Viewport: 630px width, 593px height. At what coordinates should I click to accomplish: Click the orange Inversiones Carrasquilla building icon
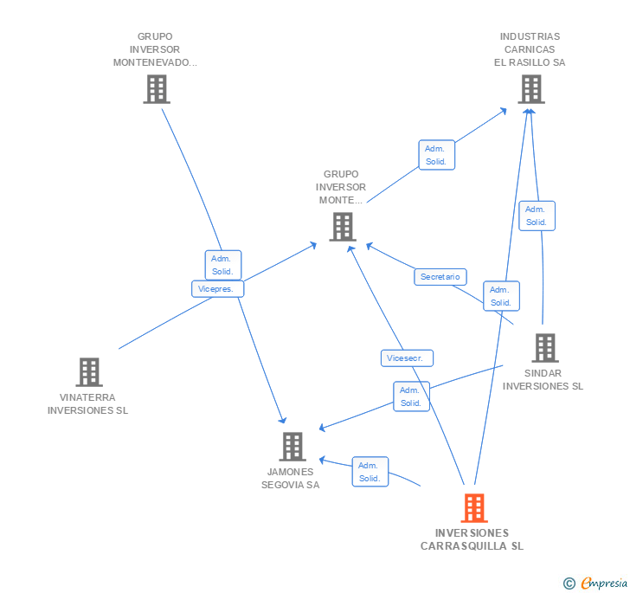coord(474,507)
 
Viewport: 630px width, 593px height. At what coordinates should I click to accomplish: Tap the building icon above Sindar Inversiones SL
coord(544,347)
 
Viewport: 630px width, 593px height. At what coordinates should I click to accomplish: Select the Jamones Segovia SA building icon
coord(292,446)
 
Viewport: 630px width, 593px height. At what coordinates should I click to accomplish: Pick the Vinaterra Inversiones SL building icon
coord(89,371)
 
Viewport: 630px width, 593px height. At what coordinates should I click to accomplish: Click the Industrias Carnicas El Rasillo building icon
coord(531,88)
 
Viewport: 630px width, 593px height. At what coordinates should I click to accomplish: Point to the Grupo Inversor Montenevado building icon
coord(157,88)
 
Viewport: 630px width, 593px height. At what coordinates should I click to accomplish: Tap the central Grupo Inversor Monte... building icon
coord(343,226)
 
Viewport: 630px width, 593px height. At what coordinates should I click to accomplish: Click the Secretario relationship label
coord(440,277)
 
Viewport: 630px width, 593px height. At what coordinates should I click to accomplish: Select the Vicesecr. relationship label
coord(407,358)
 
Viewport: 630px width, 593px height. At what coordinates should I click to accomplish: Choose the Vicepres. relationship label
coord(217,289)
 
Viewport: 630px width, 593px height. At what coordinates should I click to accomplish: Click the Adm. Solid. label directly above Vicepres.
coord(223,265)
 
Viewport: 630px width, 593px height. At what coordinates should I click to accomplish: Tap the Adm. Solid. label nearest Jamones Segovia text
coord(370,472)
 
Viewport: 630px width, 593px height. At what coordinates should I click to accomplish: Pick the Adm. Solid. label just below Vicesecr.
coord(411,396)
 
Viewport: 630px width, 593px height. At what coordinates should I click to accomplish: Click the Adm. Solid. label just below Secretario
coord(501,296)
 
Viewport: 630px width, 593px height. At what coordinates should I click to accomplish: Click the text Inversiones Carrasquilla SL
coord(472,539)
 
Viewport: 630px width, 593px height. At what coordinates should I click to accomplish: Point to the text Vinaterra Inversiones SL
coord(88,404)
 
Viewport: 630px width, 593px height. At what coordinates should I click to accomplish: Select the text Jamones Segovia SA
coord(291,479)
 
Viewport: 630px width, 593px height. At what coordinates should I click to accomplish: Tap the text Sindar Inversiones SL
coord(543,380)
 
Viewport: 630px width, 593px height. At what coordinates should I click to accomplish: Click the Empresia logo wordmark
coord(603,583)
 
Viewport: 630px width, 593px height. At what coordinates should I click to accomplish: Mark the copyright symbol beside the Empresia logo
coord(569,584)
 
